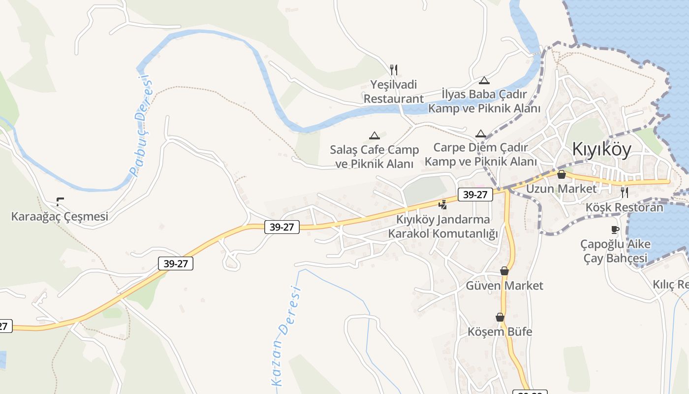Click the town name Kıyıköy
click(x=601, y=149)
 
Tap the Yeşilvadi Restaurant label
click(x=393, y=92)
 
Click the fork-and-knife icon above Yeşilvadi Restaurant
click(x=393, y=70)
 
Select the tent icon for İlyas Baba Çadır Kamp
click(x=484, y=80)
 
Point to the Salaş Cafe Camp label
click(x=374, y=157)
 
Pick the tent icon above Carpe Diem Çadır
click(x=481, y=133)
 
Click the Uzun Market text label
click(x=561, y=189)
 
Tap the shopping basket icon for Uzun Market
click(x=561, y=174)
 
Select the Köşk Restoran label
click(x=624, y=207)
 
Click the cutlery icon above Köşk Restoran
click(x=624, y=192)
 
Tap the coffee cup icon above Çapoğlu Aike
click(x=615, y=230)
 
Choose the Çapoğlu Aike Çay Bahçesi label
click(x=615, y=251)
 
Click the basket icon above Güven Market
click(x=504, y=271)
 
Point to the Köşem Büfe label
click(x=500, y=331)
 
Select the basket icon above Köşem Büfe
click(x=500, y=317)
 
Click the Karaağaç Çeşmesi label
click(x=60, y=216)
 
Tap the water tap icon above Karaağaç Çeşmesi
click(x=60, y=201)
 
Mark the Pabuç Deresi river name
click(x=141, y=126)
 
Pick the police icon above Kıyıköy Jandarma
click(x=443, y=204)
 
